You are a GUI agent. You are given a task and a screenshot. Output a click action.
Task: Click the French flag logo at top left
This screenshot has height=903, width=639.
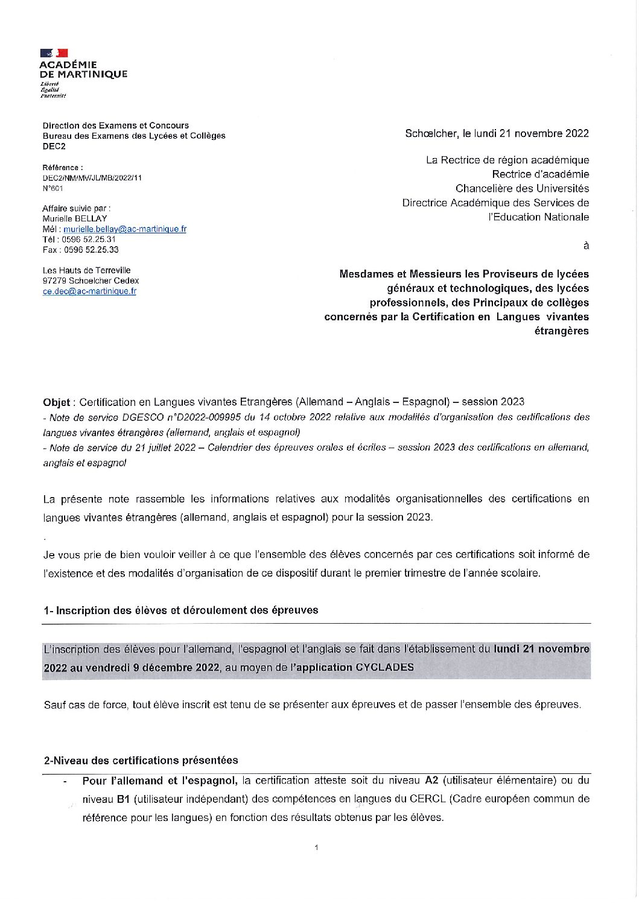coord(54,53)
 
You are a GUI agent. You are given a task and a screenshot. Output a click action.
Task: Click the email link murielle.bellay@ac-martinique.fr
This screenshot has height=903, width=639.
coord(125,229)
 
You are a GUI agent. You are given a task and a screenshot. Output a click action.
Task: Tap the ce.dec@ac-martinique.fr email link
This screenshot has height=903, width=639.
coord(89,291)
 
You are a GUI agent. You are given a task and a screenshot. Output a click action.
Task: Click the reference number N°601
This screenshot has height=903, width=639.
coord(52,188)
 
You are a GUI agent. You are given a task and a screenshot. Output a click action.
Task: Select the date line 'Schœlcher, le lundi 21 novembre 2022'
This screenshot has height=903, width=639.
coord(497,133)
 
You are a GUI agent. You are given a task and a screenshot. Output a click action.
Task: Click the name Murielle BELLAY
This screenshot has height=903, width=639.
coord(75,218)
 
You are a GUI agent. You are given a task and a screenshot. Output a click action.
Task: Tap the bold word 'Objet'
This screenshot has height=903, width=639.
coord(57,402)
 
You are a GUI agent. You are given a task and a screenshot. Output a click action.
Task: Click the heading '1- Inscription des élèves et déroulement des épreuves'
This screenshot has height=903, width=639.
coord(180,610)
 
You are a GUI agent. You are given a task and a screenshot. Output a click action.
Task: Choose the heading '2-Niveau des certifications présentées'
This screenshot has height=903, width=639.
coord(141,761)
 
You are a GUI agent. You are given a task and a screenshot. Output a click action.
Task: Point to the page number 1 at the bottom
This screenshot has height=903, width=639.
coord(316,848)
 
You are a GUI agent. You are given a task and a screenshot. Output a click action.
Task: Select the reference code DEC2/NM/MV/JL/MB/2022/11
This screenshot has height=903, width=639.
coord(92,178)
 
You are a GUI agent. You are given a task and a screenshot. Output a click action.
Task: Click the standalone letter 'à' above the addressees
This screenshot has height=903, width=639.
coord(585,246)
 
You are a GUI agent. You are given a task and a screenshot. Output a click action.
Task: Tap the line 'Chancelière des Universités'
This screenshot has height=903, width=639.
coord(522,189)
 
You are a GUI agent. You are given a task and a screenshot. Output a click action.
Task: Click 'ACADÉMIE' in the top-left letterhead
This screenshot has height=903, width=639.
coord(68,65)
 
